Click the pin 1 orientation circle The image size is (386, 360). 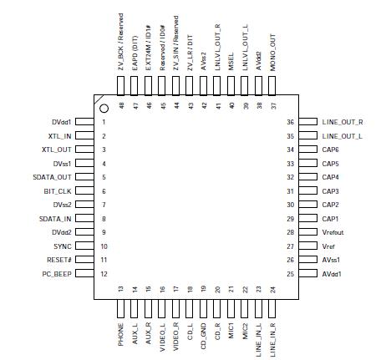pyautogui.click(x=104, y=109)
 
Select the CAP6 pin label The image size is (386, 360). pyautogui.click(x=331, y=150)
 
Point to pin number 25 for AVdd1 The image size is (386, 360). pyautogui.click(x=290, y=274)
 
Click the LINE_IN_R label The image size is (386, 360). pyautogui.click(x=272, y=322)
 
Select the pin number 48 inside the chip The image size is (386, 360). pyautogui.click(x=121, y=106)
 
